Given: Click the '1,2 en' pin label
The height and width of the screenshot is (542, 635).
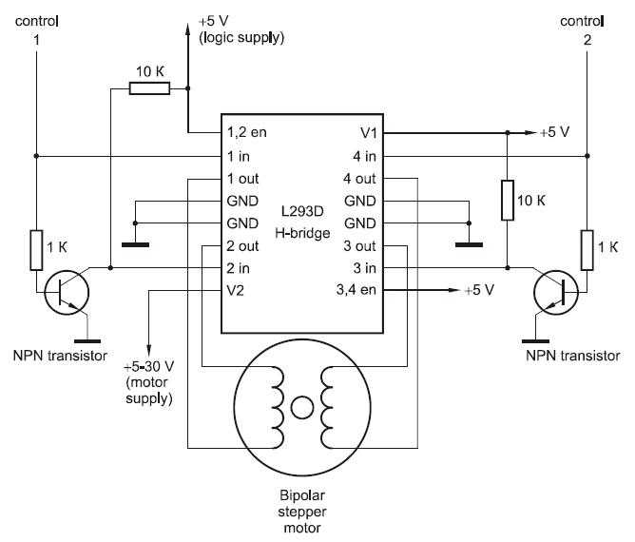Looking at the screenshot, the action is point(246,132).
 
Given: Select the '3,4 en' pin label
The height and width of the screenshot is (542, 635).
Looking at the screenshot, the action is point(356,290).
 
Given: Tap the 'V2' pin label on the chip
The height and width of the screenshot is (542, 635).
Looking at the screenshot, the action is point(236,290).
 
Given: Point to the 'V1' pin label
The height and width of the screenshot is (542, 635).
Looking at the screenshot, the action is point(369,132).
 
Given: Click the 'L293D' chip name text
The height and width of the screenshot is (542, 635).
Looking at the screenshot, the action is point(302,211).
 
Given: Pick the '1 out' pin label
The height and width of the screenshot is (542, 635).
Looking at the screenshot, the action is point(242,179).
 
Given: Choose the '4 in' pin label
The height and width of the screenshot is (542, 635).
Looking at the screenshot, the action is point(364,156).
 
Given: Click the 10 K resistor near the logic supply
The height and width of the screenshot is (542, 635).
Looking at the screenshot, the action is point(149,88).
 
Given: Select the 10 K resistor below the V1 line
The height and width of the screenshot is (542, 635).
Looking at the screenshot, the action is point(508,201).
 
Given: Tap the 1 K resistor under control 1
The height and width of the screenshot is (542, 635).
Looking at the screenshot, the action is point(36,250).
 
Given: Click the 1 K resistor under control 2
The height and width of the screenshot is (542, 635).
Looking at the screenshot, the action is point(587,250).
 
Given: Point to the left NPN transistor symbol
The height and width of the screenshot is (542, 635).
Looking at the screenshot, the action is point(67,293).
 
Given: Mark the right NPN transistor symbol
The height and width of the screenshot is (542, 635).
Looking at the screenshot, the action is point(556,293).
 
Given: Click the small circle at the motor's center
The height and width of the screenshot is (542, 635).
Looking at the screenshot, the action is point(302,408).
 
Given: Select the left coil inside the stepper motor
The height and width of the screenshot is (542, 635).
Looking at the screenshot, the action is point(278,407).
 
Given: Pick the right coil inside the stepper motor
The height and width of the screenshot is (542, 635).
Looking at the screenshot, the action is point(327,407).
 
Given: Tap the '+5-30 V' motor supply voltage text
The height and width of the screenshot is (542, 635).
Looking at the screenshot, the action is point(148,367).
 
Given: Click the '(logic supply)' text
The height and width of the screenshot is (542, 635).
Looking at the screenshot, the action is point(241,37).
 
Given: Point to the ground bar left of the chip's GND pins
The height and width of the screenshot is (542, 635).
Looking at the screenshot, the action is point(135,244).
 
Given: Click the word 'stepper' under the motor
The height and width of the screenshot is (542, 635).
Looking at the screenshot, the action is point(302,512).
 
